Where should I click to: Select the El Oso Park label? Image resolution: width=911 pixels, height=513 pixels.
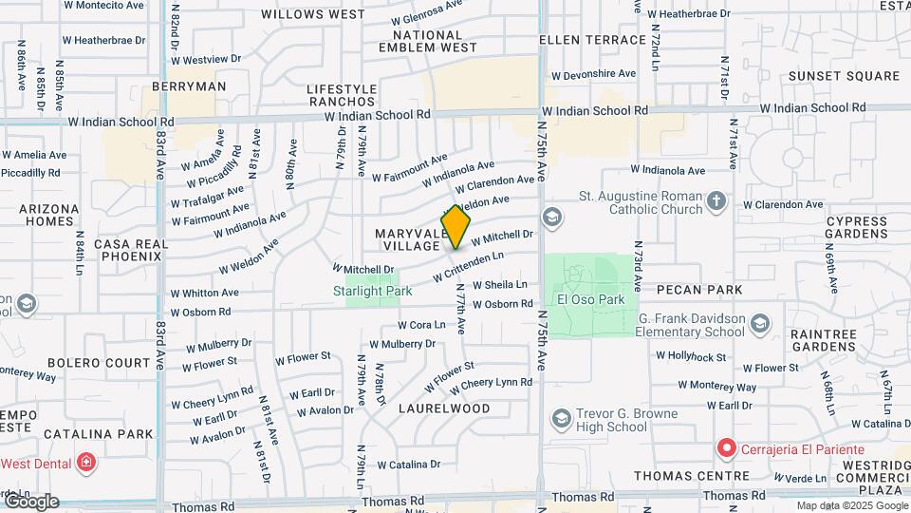click(x=590, y=299)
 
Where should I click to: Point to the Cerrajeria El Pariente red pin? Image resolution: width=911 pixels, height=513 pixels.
click(x=727, y=447)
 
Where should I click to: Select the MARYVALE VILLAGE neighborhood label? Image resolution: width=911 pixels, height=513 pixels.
click(x=407, y=239)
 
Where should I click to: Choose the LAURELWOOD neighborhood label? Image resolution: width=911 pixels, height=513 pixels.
click(x=444, y=408)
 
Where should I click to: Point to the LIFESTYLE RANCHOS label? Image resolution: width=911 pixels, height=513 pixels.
click(x=342, y=95)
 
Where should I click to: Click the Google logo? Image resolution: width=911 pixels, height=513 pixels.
click(x=31, y=501)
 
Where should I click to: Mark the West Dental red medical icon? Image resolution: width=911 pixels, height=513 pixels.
click(x=86, y=464)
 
